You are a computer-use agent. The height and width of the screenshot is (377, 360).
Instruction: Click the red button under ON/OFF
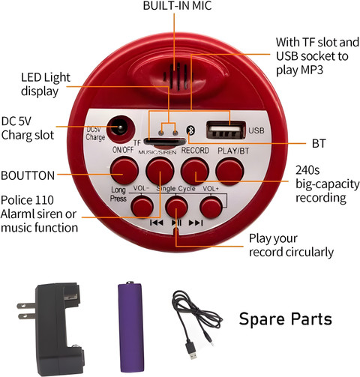124,171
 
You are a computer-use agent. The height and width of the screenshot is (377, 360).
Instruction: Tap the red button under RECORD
195,172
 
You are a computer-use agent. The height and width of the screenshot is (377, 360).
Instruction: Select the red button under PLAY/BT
229,172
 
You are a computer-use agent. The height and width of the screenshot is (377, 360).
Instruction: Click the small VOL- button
142,206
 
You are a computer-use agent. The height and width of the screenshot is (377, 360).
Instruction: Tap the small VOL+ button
211,206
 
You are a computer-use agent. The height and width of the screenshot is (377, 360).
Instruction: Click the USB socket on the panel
226,130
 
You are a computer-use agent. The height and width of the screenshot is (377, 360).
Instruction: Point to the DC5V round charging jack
121,129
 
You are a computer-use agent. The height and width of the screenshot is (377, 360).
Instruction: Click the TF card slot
165,142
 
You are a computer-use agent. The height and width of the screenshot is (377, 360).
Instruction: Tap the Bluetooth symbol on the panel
190,130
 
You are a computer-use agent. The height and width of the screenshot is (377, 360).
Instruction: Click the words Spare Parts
286,319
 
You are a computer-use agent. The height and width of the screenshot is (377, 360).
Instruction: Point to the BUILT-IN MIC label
177,6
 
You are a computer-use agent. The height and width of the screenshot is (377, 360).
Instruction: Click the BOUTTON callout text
28,175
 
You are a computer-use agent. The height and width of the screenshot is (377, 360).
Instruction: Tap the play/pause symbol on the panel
176,223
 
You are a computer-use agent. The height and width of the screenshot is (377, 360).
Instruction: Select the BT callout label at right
319,144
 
